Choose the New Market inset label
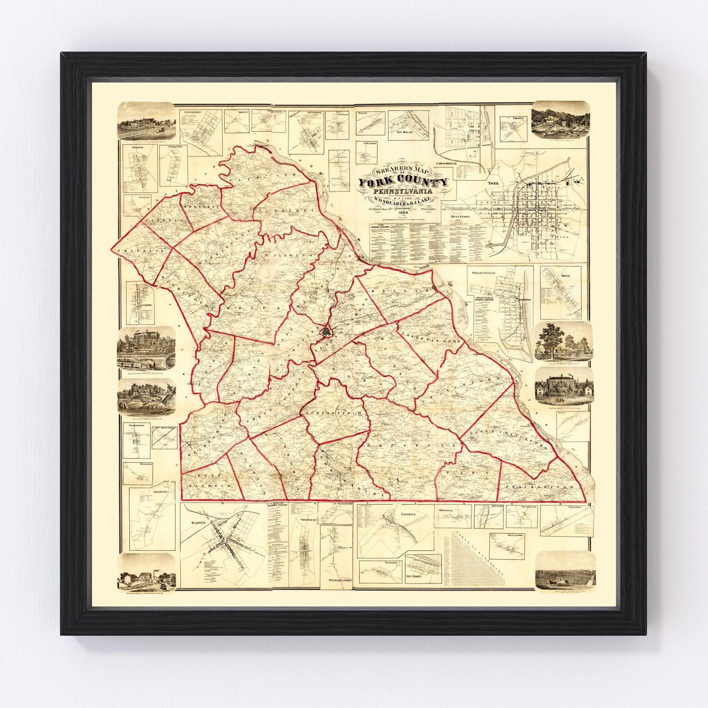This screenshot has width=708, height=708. click(x=414, y=577)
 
